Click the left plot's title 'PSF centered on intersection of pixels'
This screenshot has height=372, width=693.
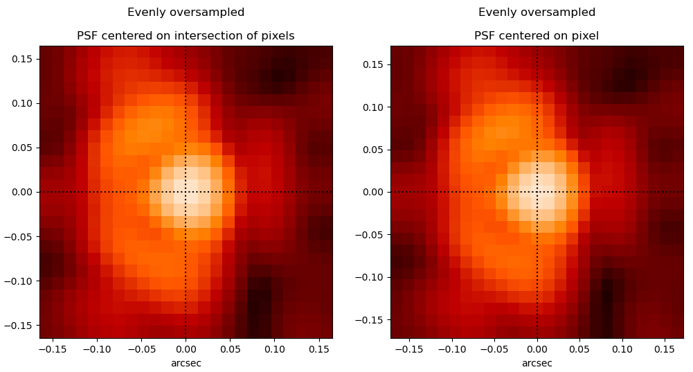pyautogui.click(x=186, y=36)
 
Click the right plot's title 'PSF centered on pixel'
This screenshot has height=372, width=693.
pyautogui.click(x=537, y=36)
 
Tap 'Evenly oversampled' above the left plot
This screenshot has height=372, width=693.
pyautogui.click(x=186, y=12)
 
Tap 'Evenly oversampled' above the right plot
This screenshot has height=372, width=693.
pyautogui.click(x=537, y=12)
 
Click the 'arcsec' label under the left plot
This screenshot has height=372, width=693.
pyautogui.click(x=186, y=363)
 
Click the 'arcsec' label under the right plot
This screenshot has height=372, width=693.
pyautogui.click(x=537, y=363)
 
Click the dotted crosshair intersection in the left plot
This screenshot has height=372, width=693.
pyautogui.click(x=186, y=192)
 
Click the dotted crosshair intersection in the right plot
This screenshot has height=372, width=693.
pyautogui.click(x=537, y=192)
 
